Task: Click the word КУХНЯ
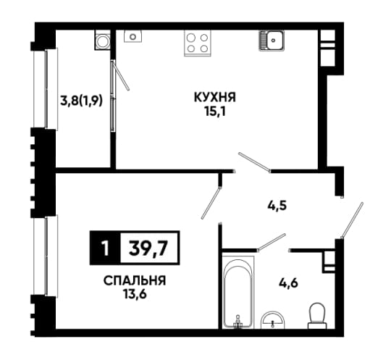tap(215, 97)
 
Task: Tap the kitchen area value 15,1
tap(215, 112)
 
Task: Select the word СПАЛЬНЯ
tap(135, 281)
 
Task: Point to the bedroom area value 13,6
tap(135, 295)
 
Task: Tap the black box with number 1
tap(105, 248)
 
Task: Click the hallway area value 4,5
tap(277, 206)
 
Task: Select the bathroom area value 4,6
tap(288, 284)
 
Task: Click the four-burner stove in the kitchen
tap(197, 43)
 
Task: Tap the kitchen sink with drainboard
tap(272, 41)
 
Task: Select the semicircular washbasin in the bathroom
tap(272, 320)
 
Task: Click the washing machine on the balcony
tap(102, 40)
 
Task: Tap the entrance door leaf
tap(352, 219)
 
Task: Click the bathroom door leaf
tap(271, 241)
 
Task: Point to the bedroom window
tap(46, 255)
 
